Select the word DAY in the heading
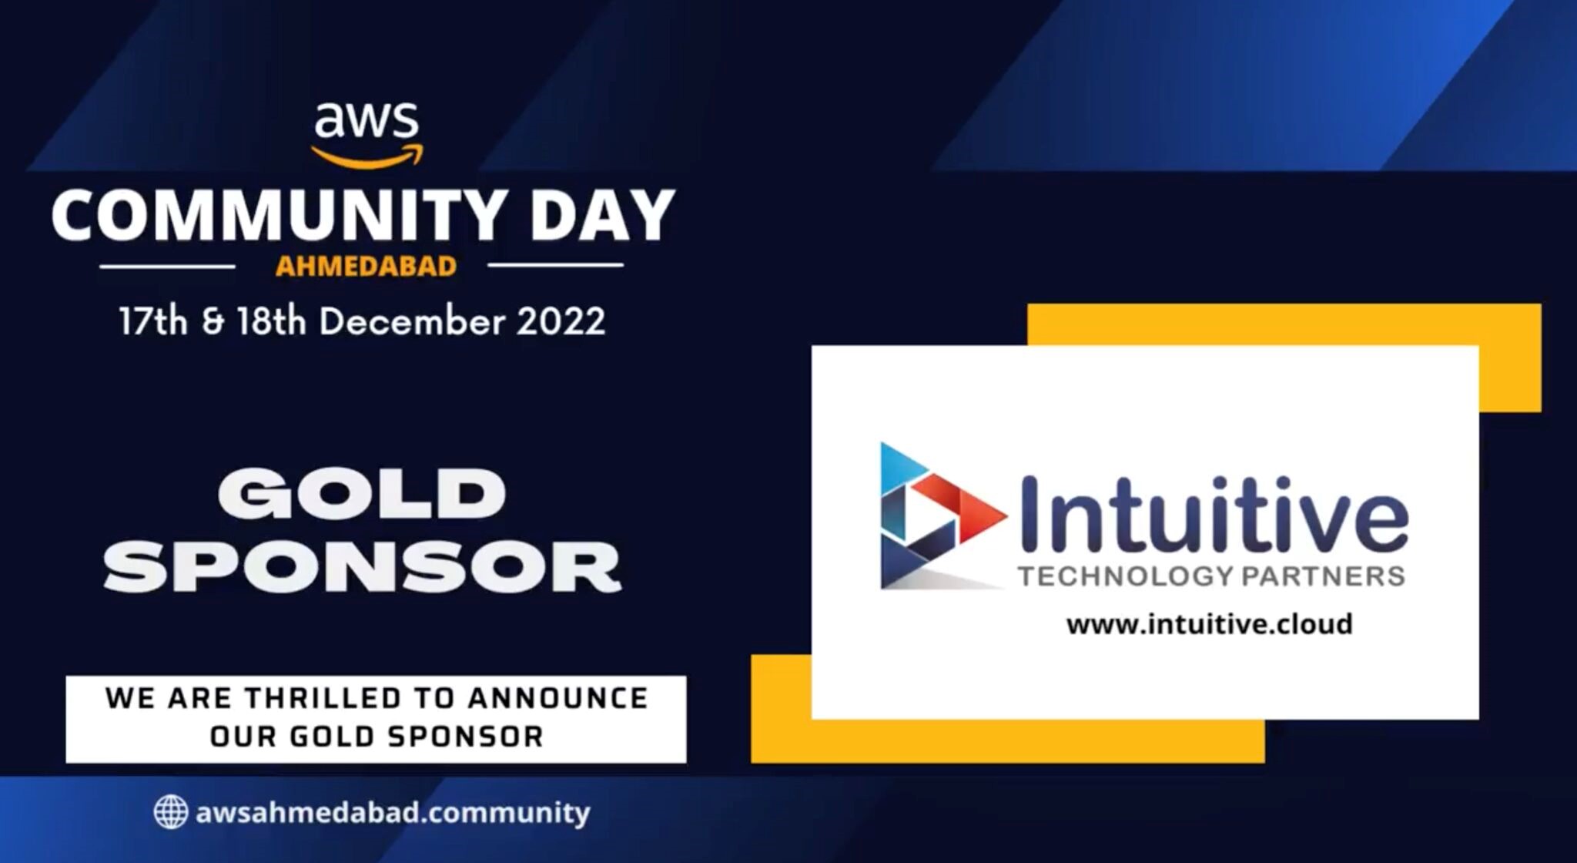pos(603,217)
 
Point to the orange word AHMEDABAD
pos(366,267)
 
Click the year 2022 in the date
pos(561,321)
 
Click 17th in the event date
pos(153,321)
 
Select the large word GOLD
pos(362,494)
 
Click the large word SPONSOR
pos(362,566)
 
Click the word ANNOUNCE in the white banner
pos(558,698)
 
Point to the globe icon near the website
pos(170,812)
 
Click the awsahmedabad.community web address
pos(393,813)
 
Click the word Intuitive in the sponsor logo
pos(1214,512)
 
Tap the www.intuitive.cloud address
pos(1209,623)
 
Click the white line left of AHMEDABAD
pos(167,267)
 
